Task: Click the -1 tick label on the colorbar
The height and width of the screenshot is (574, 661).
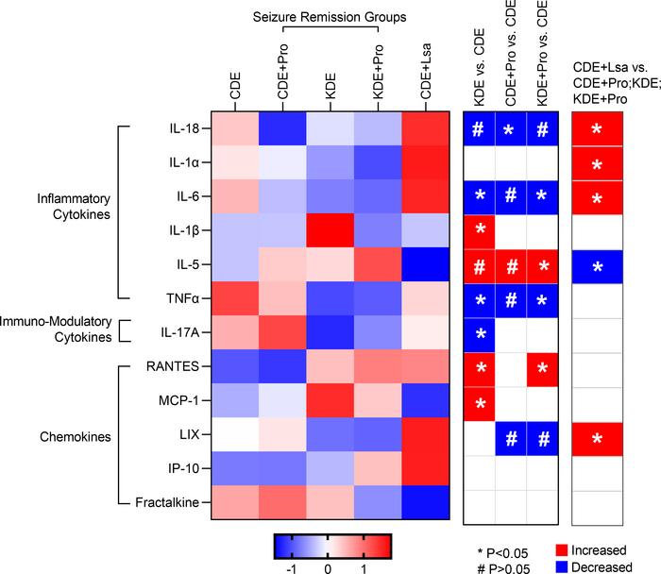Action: pos(291,570)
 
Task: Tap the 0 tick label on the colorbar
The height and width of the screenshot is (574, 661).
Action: pos(328,570)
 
